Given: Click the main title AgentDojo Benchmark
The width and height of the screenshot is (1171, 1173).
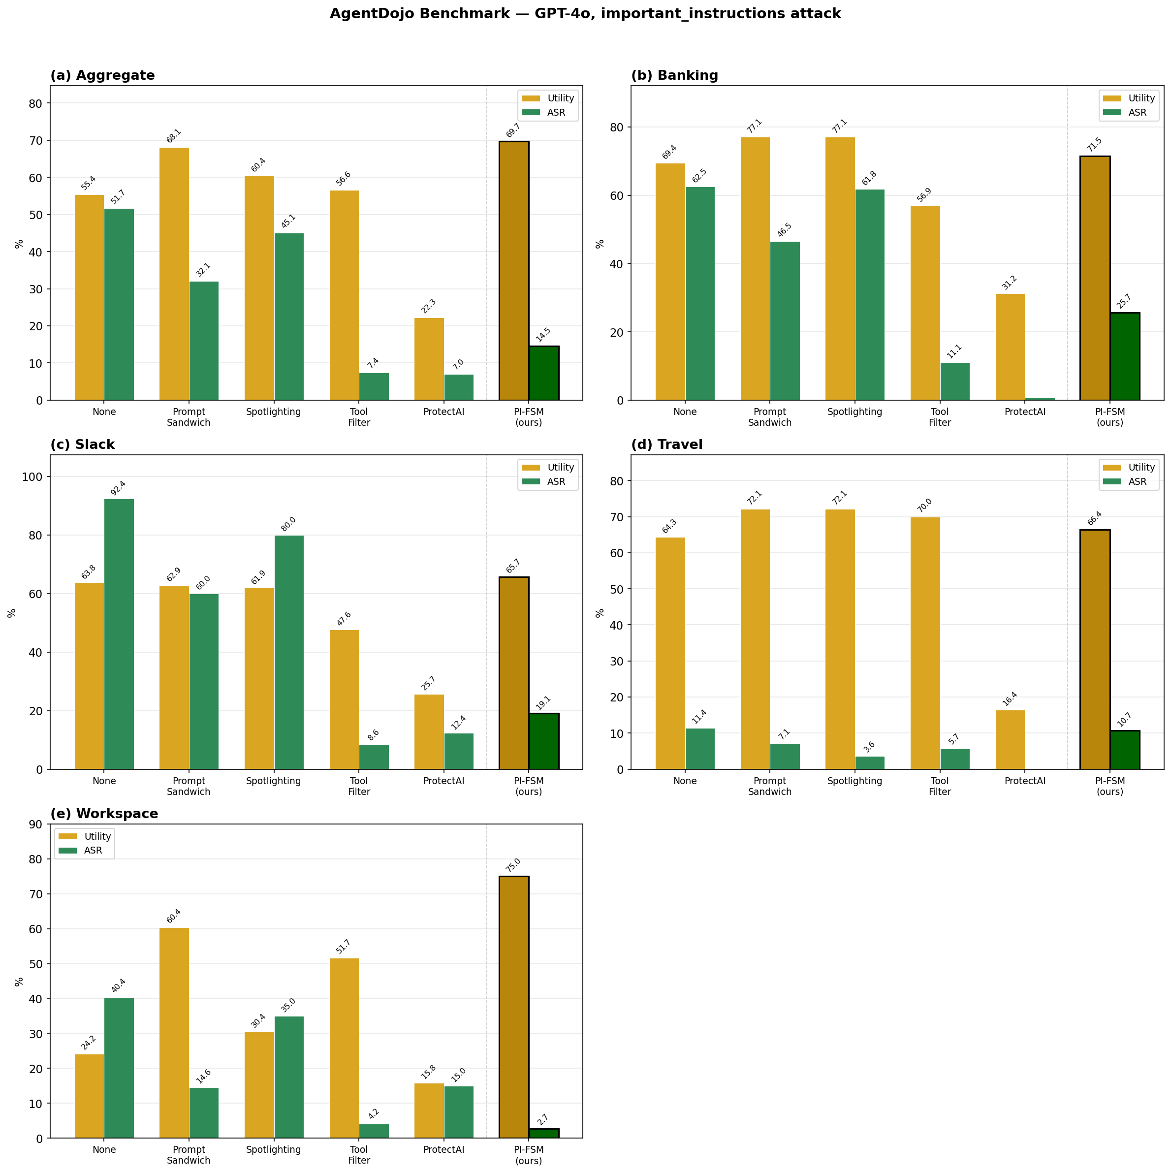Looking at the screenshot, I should pos(585,14).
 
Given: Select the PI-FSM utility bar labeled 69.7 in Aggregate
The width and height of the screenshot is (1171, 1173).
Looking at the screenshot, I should pos(513,270).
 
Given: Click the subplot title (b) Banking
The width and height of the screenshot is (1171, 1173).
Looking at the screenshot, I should pos(674,75).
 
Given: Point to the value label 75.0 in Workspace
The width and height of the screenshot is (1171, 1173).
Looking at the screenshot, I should pos(513,864).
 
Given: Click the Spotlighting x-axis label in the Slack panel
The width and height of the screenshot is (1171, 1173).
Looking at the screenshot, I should pos(274,781).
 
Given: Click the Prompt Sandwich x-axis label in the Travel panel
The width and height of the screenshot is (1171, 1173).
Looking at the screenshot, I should pos(769,786).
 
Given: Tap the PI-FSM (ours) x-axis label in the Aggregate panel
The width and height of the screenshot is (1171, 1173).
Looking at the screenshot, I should pos(528,416).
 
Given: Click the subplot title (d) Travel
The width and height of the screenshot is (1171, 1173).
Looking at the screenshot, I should pos(666,444).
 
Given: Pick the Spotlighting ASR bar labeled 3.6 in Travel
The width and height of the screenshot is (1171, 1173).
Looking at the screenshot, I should pos(869,762).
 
